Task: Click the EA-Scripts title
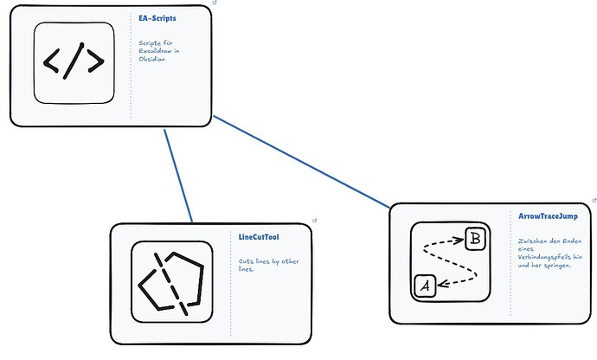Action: [x=157, y=18]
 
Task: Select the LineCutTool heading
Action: [x=259, y=237]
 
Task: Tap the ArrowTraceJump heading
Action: [x=548, y=216]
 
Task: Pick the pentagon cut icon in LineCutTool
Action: [x=171, y=282]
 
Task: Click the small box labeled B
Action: [x=476, y=239]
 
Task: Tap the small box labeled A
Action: [x=426, y=286]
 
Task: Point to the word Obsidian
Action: [x=152, y=59]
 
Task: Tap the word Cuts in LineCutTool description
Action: [x=246, y=261]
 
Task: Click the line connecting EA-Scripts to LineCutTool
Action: [x=178, y=176]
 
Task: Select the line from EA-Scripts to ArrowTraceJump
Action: [x=302, y=162]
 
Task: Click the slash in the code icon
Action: [x=74, y=61]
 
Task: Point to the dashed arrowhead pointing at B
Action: [x=459, y=240]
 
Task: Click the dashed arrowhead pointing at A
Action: [x=443, y=284]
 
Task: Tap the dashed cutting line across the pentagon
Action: [x=171, y=284]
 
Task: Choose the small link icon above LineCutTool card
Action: [x=314, y=221]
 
